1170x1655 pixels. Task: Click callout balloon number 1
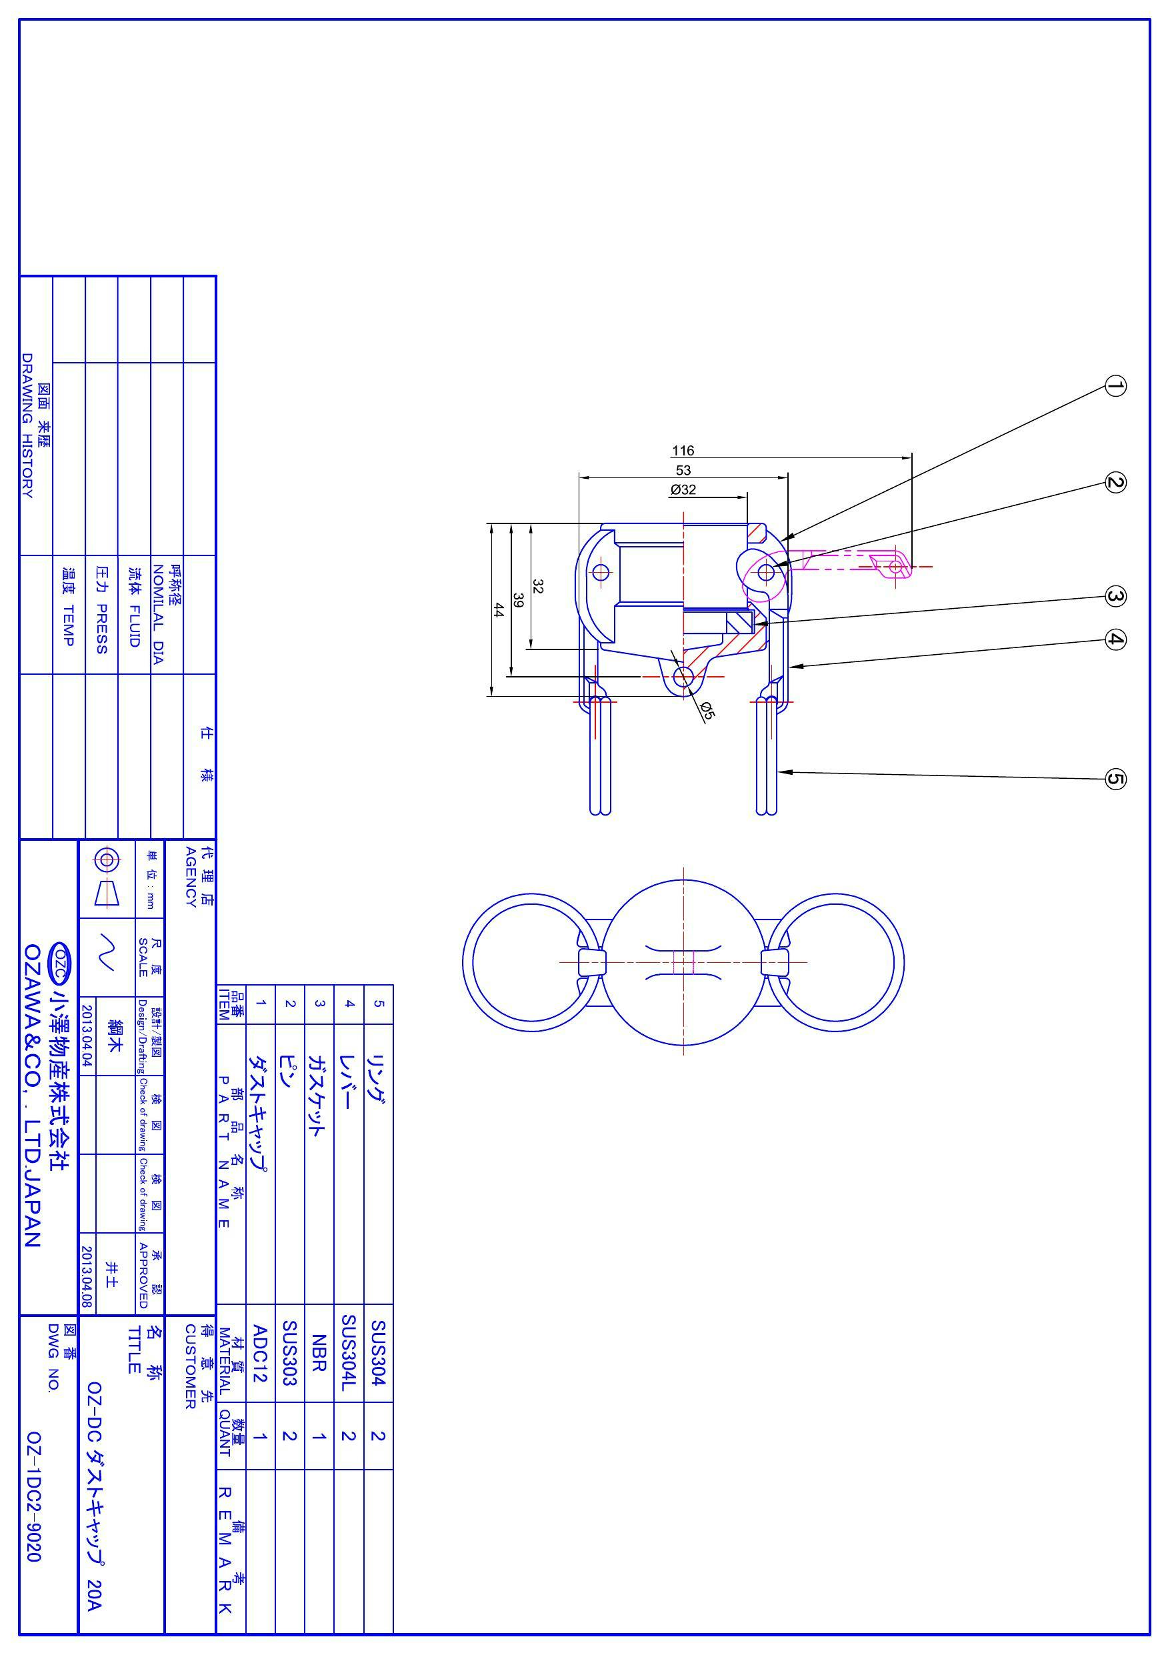[x=1115, y=386]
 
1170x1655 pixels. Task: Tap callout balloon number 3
[x=1115, y=597]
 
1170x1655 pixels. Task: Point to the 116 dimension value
[x=683, y=451]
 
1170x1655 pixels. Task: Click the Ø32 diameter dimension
[x=683, y=490]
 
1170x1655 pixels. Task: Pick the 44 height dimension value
[x=498, y=610]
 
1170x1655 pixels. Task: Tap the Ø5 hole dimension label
[x=707, y=711]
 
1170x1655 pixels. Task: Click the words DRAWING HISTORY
[x=27, y=425]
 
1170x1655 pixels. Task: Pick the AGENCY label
[x=191, y=878]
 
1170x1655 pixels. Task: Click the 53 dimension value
[x=683, y=471]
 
